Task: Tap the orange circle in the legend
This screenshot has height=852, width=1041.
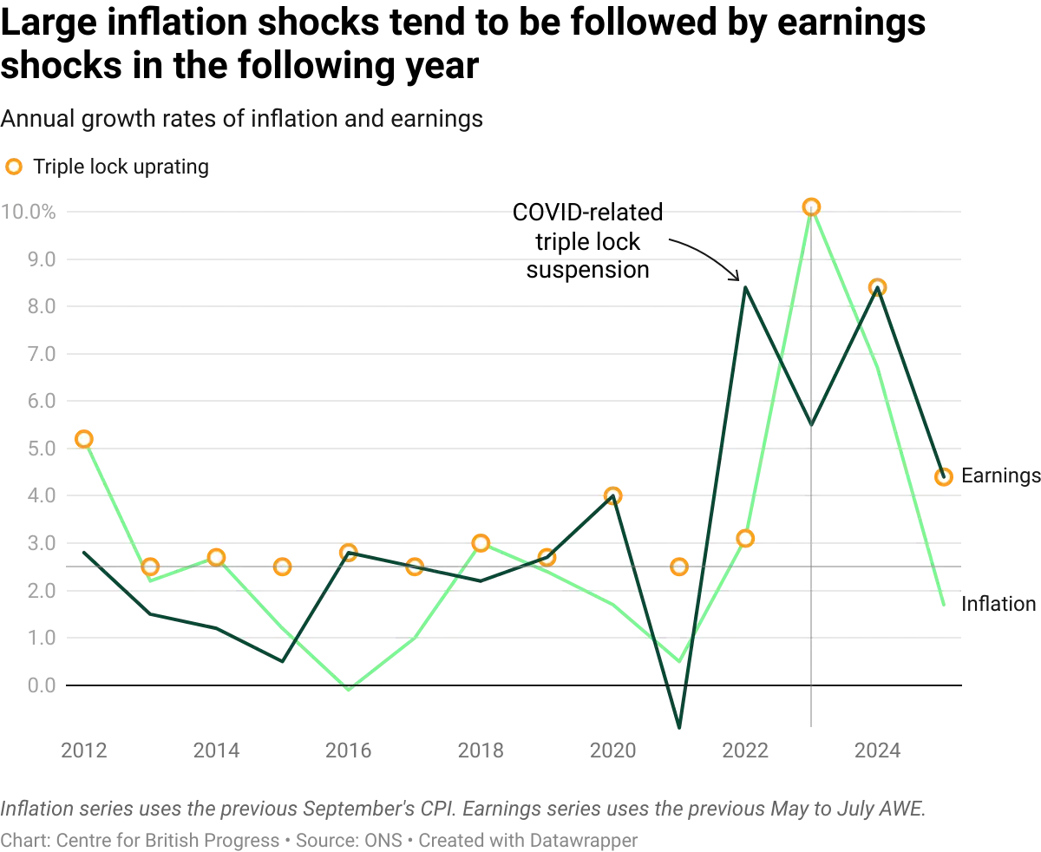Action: click(x=13, y=166)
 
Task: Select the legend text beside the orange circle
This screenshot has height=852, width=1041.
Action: click(x=119, y=166)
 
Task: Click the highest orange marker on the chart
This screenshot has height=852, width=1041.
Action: click(x=811, y=206)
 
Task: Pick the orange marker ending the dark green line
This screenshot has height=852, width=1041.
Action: click(x=944, y=475)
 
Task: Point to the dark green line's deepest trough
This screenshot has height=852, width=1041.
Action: click(x=679, y=727)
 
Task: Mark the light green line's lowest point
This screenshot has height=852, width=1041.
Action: click(x=349, y=689)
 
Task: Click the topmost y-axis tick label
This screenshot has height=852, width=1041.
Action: click(x=29, y=212)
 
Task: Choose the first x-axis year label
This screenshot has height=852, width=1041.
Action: click(x=83, y=750)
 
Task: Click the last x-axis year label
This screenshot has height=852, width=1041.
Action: click(x=877, y=750)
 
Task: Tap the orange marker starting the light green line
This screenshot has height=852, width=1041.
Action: click(x=83, y=439)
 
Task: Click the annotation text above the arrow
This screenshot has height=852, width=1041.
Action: click(x=590, y=211)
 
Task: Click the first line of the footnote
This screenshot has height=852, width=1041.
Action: click(x=464, y=811)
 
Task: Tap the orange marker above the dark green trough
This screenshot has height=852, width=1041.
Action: click(x=679, y=567)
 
